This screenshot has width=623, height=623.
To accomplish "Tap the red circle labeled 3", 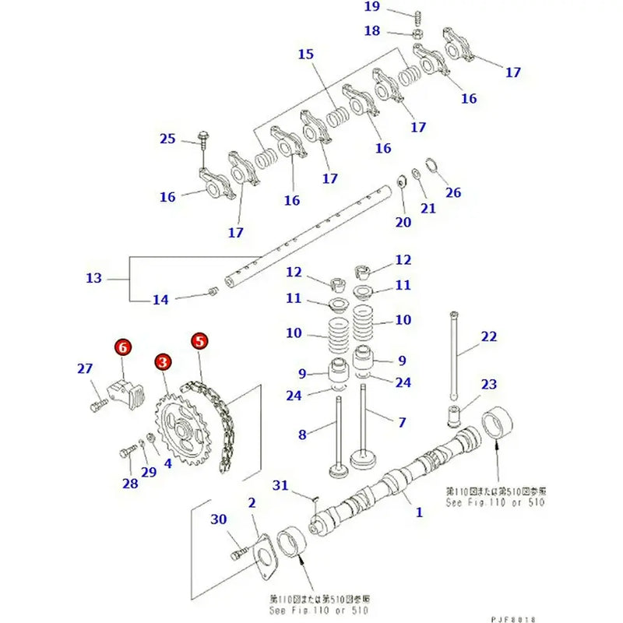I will point(162,362).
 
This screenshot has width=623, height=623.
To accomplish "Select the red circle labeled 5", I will point(199,341).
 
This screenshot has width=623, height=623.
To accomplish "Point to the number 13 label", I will point(93,277).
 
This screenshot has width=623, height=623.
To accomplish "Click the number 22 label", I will point(488,336).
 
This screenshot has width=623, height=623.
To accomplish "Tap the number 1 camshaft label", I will point(419,512).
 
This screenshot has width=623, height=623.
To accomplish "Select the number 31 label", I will point(281,486).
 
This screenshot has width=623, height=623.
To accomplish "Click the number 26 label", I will point(453,192).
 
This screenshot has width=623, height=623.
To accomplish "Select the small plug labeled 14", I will point(211,294).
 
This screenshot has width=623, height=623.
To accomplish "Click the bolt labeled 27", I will point(97,405).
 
